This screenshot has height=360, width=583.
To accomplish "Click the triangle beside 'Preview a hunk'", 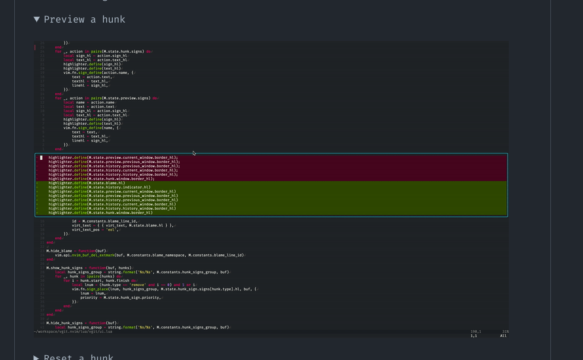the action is click(37, 20).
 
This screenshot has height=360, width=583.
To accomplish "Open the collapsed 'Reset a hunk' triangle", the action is click(37, 357).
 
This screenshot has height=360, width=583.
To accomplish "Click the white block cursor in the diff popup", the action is click(41, 158).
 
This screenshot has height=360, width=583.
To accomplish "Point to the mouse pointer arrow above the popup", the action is click(194, 153).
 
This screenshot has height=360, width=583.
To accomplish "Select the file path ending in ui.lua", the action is click(73, 331).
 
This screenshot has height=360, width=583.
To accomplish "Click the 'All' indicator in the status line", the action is click(503, 336).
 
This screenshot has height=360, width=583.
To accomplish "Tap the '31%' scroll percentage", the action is click(505, 331).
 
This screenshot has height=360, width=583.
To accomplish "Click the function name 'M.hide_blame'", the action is click(59, 251).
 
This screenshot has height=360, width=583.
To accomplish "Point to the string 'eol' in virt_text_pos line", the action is click(111, 230).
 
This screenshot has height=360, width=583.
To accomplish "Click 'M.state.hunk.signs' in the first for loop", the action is click(123, 52).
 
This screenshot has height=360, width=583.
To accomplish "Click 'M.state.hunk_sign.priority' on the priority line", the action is click(131, 298).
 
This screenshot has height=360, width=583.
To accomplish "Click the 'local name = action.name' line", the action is click(89, 102).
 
